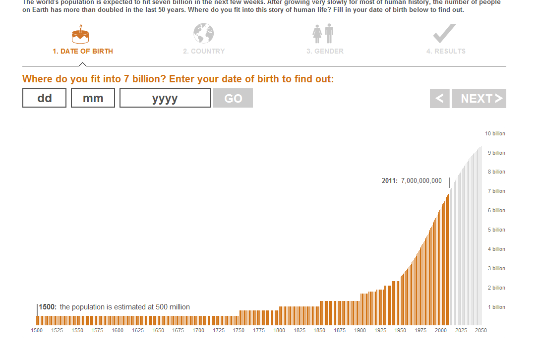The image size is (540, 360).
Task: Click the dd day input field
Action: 44,98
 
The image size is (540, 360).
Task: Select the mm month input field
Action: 93,98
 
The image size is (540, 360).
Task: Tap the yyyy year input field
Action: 165,98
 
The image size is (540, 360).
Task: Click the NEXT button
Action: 479,98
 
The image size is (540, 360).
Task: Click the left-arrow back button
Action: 439,98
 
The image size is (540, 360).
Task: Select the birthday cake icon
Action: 80,34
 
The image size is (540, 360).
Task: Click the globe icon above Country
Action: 203,34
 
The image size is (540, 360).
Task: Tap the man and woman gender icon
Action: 323,34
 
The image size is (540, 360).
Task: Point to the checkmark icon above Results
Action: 444,34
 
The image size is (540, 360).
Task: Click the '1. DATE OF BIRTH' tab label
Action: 83,51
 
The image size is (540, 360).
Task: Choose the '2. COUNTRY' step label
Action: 204,51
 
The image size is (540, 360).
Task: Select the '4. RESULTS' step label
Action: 446,51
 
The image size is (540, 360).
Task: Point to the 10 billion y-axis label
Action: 495,133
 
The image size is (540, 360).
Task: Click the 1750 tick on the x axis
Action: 239,330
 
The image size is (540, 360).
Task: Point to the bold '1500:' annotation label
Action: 48,307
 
